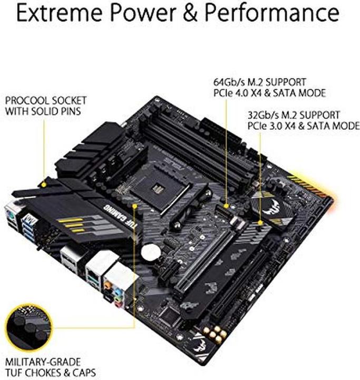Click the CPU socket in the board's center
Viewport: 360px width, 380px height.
(160, 186)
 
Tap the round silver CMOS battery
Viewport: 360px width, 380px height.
(150, 252)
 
